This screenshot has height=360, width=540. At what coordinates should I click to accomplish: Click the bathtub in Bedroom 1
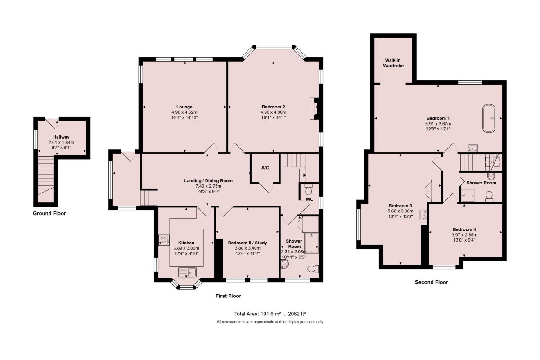(x=489, y=118)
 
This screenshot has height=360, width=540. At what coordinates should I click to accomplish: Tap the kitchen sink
(x=187, y=272)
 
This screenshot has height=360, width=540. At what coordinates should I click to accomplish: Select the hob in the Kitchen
(x=164, y=240)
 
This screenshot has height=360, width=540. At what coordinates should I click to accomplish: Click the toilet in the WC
(x=308, y=190)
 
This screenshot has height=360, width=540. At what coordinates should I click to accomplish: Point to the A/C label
(x=265, y=168)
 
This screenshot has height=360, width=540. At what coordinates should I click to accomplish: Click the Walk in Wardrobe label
(x=393, y=63)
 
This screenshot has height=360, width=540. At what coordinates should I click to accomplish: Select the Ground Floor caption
(x=49, y=213)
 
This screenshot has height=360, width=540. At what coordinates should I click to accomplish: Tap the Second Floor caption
(x=431, y=282)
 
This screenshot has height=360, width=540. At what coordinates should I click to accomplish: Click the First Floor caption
(x=228, y=296)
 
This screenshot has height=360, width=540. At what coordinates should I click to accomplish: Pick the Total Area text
(x=270, y=314)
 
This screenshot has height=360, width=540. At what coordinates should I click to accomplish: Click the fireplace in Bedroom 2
(x=315, y=108)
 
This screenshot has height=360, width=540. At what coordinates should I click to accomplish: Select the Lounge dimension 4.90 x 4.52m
(x=184, y=112)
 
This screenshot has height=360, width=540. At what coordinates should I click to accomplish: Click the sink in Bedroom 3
(x=423, y=215)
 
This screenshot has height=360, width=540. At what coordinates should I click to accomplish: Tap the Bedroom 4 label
(x=464, y=229)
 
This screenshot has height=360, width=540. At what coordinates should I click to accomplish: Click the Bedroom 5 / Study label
(x=247, y=243)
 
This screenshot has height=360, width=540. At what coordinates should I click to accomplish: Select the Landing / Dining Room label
(x=208, y=181)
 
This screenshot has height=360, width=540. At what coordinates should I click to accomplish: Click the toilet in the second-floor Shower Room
(x=489, y=197)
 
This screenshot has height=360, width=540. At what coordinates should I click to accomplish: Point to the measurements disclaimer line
(x=270, y=322)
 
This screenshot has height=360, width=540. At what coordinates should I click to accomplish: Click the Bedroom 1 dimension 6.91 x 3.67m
(x=438, y=124)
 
